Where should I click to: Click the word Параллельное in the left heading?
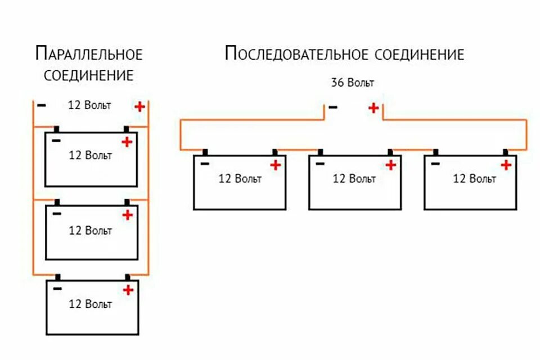(89, 54)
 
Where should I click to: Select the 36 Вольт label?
(352, 83)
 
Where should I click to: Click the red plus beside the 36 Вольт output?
(373, 107)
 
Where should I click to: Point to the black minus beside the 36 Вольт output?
(333, 107)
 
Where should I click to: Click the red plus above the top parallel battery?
(139, 106)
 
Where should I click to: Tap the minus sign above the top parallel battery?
(41, 105)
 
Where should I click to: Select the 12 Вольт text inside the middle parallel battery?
(90, 230)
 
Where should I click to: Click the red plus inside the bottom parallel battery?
(128, 290)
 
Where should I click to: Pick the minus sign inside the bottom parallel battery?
(57, 289)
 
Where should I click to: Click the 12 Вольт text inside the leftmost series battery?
(240, 179)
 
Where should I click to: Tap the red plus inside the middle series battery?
(390, 165)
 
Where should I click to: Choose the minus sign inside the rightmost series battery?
(435, 163)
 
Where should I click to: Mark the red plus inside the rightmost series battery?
(506, 165)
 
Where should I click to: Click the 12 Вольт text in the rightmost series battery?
(474, 179)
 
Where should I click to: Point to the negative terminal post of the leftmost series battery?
(205, 152)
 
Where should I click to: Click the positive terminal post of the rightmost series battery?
(505, 152)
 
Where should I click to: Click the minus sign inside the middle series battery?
(319, 163)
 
